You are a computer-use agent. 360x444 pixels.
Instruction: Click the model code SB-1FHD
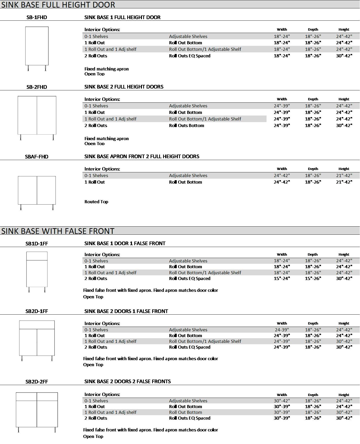click(37, 18)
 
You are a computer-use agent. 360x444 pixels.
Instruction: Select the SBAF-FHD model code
click(37, 157)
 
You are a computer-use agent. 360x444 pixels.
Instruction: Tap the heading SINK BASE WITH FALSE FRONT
click(58, 231)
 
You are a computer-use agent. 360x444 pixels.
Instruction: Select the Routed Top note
click(96, 202)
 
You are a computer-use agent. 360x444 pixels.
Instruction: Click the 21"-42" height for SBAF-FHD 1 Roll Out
click(344, 182)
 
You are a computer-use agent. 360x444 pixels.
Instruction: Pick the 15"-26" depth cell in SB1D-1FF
click(313, 278)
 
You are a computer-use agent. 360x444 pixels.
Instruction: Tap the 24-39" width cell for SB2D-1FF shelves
click(282, 330)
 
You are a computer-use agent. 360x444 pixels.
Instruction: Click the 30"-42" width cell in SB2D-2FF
click(282, 401)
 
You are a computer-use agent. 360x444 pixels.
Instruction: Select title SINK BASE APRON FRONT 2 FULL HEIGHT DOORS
click(142, 156)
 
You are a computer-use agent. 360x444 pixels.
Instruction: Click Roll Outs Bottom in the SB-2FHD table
click(186, 125)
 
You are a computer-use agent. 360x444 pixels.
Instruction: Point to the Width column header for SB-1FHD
click(282, 29)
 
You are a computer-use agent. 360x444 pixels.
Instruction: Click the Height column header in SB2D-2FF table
click(344, 395)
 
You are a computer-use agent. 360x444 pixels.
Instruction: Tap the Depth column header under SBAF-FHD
click(313, 169)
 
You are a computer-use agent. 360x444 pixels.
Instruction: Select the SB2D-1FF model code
click(37, 311)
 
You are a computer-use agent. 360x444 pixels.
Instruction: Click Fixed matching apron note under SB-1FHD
click(107, 69)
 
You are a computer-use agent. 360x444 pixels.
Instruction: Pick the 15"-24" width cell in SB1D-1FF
click(282, 278)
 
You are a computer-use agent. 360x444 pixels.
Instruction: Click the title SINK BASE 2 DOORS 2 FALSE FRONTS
click(128, 381)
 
